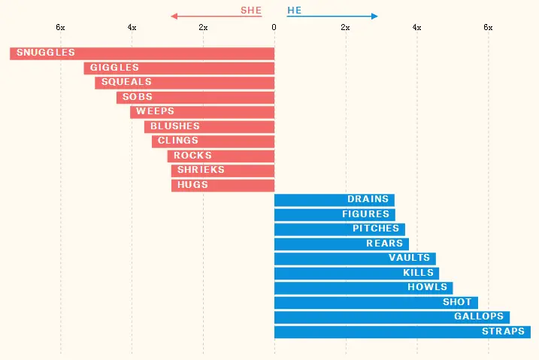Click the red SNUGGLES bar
tap(142, 53)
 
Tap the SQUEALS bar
tap(185, 83)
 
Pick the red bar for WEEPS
tap(202, 112)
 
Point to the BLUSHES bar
tap(210, 127)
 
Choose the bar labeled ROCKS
tap(221, 156)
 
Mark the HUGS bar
tap(223, 186)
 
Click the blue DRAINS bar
tap(334, 200)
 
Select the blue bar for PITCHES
tap(339, 229)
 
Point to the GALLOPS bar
tap(392, 317)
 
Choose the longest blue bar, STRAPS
tap(402, 332)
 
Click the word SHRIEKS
tap(201, 171)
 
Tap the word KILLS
tap(418, 273)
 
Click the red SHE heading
tap(251, 11)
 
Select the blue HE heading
tap(294, 11)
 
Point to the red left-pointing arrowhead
tap(174, 16)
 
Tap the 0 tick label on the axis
tap(274, 28)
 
